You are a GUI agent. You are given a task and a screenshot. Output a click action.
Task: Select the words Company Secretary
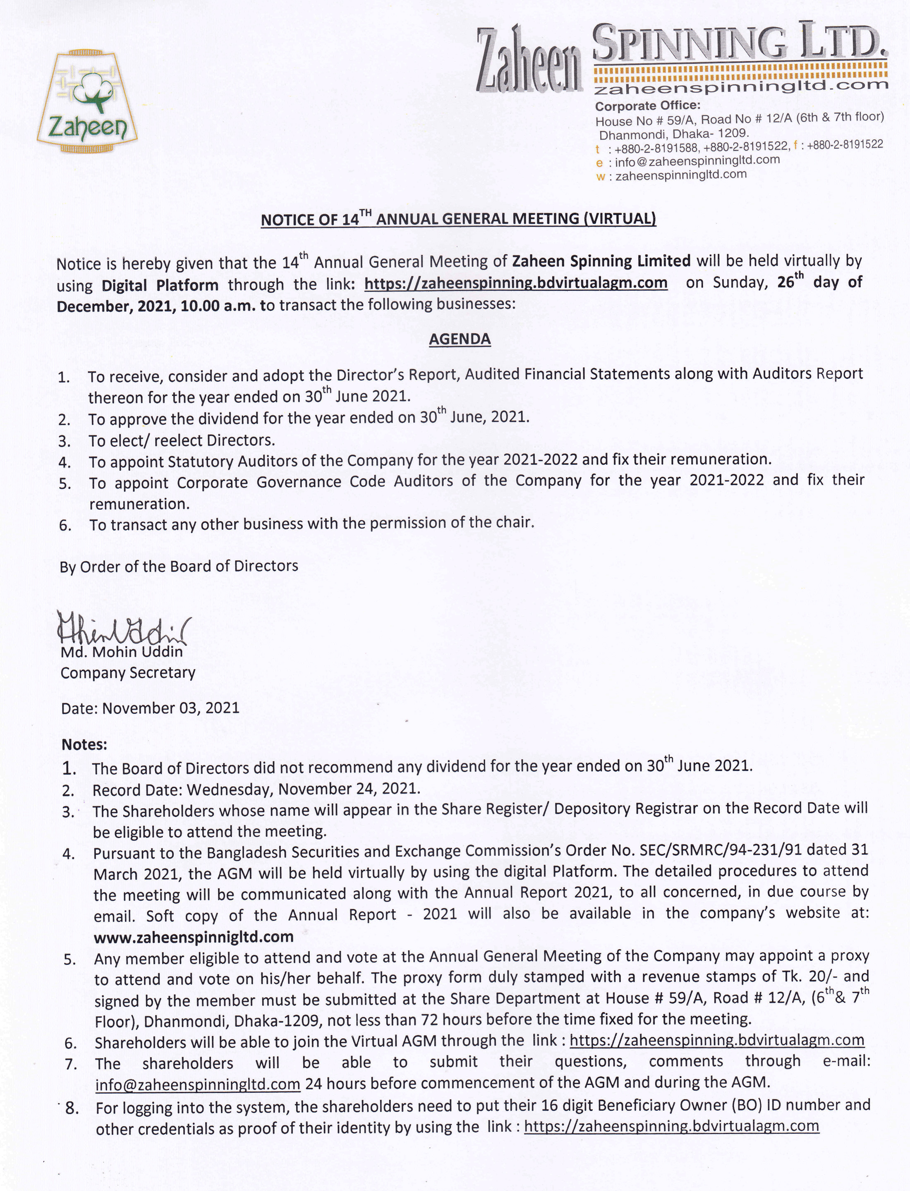tap(128, 673)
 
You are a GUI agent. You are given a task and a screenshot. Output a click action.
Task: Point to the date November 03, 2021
tap(170, 708)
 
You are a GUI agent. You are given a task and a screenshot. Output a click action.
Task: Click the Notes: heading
tap(84, 744)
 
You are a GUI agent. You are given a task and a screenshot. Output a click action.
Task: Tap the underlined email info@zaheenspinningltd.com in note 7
tap(198, 1084)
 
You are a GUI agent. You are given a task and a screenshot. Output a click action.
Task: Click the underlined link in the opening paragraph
tap(516, 283)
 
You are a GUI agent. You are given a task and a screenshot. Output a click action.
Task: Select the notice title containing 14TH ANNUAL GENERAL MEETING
tap(458, 219)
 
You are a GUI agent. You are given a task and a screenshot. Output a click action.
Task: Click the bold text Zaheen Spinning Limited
tap(601, 261)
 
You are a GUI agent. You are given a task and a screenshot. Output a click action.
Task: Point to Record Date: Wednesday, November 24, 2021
tap(256, 788)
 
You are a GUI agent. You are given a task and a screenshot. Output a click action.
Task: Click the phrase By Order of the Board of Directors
tap(179, 566)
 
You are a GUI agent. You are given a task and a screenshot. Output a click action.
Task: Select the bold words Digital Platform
tap(160, 285)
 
